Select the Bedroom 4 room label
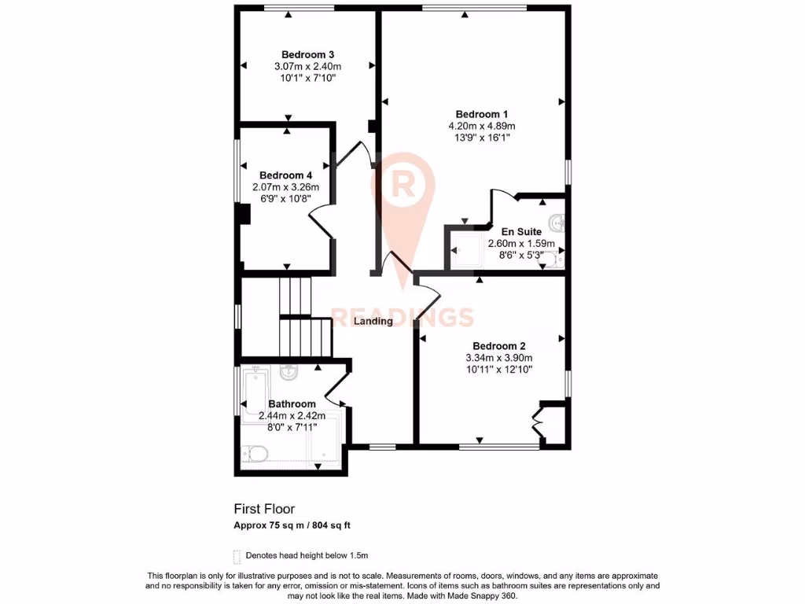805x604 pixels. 286,175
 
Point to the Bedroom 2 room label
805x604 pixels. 498,345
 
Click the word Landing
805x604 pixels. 373,321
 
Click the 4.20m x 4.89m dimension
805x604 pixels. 482,126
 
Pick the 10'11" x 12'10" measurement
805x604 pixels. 498,369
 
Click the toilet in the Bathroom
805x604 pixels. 255,453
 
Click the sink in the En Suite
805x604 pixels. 557,223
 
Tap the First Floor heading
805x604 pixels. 264,509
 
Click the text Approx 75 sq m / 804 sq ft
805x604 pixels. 297,525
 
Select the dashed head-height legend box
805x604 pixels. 237,554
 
